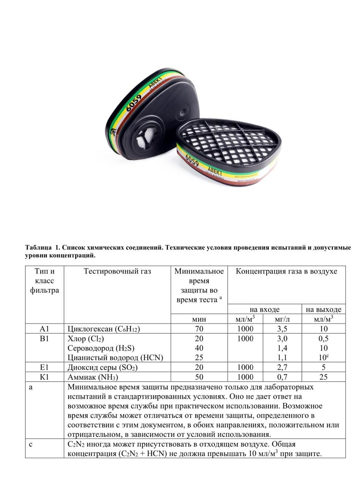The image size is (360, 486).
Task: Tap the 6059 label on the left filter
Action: click(x=133, y=103)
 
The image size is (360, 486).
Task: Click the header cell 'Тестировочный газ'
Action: click(x=117, y=271)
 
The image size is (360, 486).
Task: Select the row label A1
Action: click(x=44, y=329)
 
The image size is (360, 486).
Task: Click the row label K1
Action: click(x=44, y=377)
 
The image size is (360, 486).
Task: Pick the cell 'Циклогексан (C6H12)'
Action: click(x=104, y=329)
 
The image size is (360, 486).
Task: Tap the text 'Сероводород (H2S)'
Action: click(x=101, y=348)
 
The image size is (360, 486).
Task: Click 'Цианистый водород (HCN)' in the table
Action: click(x=115, y=358)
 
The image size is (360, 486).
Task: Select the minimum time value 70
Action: click(x=199, y=329)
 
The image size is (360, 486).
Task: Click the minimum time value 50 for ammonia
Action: click(x=199, y=377)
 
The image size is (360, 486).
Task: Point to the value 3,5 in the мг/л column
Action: click(x=282, y=329)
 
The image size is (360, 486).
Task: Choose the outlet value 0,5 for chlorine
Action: click(x=324, y=339)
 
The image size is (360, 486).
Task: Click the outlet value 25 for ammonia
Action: click(x=324, y=377)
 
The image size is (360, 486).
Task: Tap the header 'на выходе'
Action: click(x=324, y=309)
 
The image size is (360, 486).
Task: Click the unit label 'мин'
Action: click(x=199, y=319)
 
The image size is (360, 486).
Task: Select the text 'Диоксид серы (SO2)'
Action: click(x=103, y=368)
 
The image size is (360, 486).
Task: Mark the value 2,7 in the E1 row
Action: click(x=282, y=368)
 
